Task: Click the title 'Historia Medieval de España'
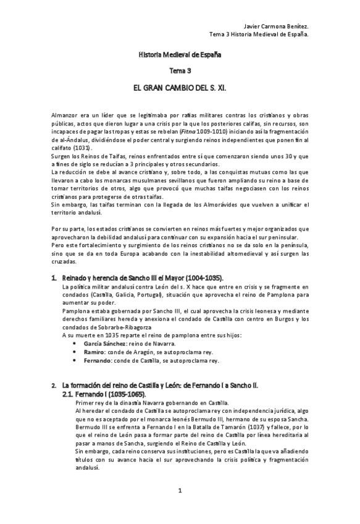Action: point(179,55)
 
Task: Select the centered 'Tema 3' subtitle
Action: point(180,71)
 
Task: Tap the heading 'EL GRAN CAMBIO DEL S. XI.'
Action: point(180,88)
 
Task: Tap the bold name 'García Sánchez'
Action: point(94,343)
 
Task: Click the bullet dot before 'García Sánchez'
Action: point(75,343)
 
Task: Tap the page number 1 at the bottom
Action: point(180,491)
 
